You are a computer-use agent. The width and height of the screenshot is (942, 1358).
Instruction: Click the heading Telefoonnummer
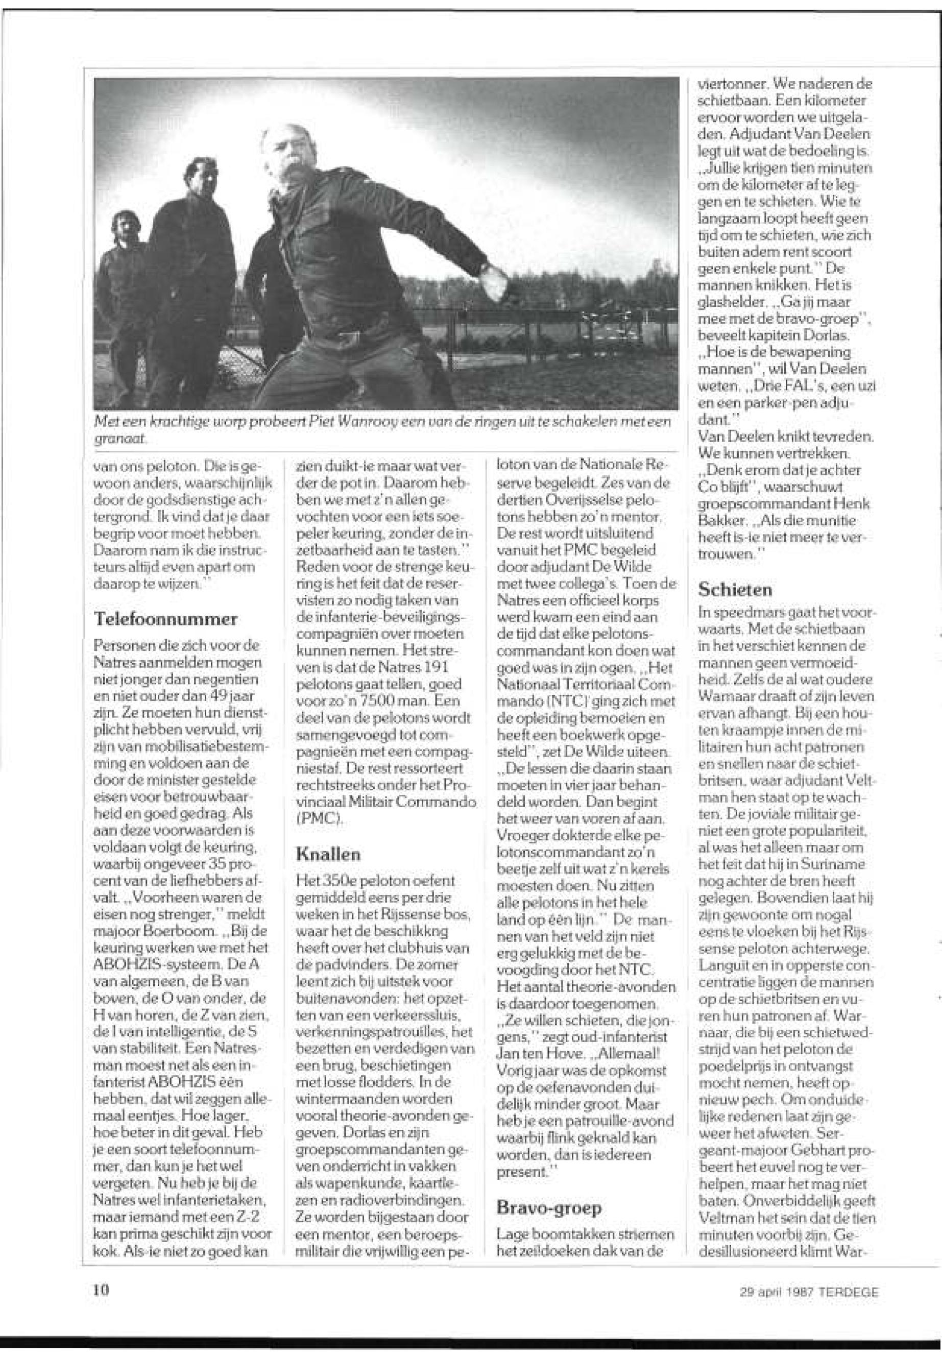pos(166,620)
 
